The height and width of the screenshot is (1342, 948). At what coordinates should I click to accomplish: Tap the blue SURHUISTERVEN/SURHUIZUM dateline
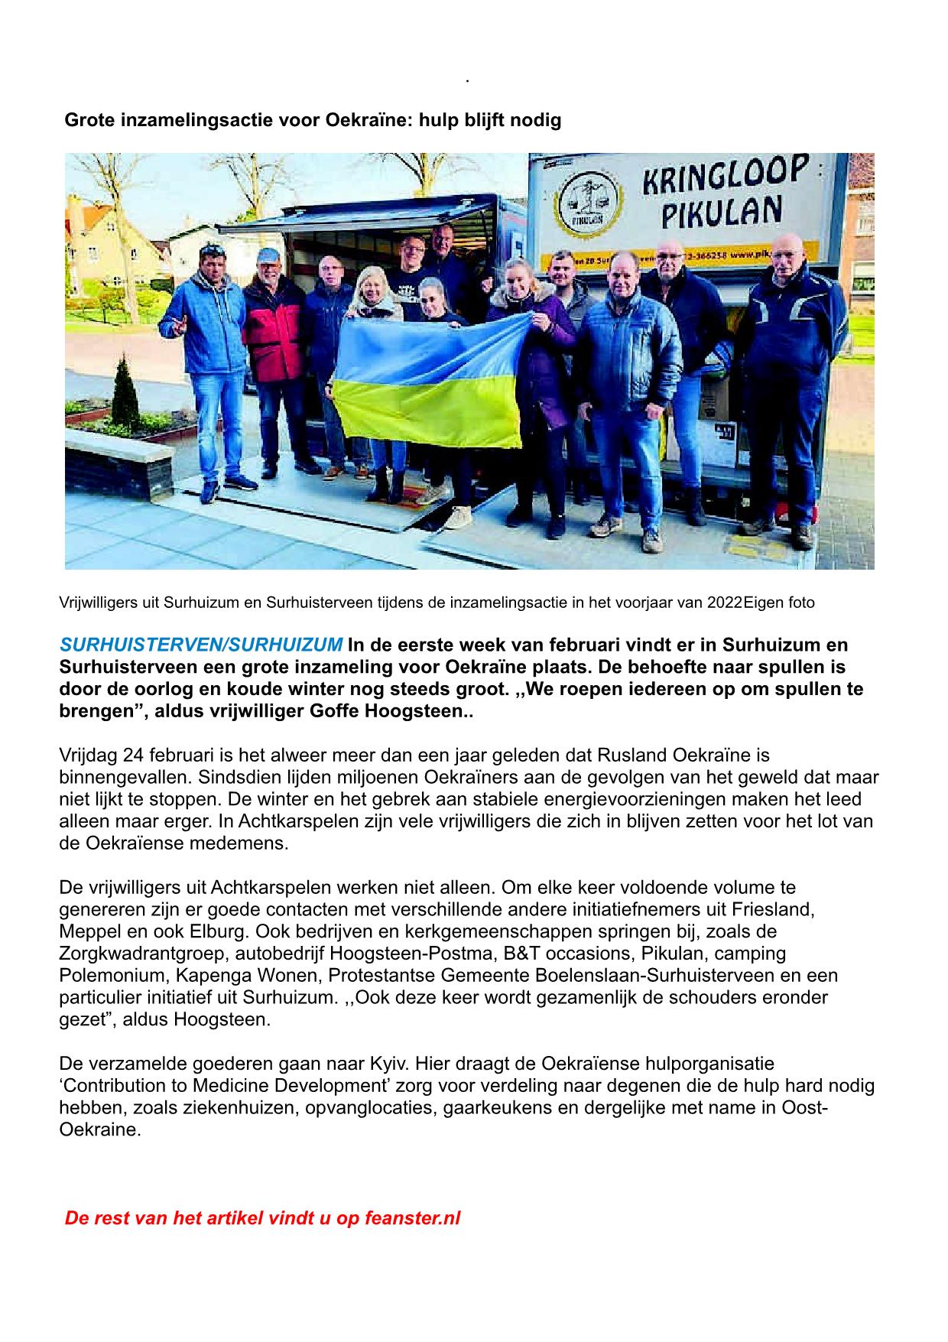[201, 645]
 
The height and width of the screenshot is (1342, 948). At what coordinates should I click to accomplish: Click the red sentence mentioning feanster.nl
[262, 1218]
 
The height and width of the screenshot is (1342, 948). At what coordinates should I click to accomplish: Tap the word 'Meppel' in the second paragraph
[89, 931]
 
